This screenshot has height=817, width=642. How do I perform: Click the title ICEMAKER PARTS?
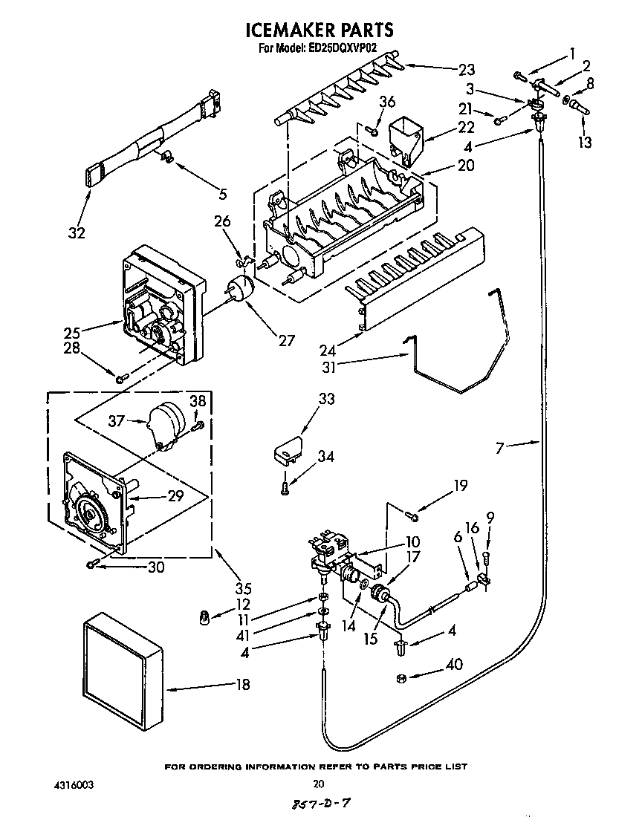click(319, 30)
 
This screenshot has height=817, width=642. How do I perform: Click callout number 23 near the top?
click(466, 71)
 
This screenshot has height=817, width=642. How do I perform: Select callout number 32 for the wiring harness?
click(76, 232)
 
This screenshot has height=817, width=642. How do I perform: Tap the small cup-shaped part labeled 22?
click(403, 139)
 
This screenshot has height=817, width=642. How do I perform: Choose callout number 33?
click(326, 399)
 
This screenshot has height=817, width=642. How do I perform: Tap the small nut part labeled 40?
click(399, 677)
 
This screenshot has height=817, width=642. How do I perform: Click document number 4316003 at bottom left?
click(74, 784)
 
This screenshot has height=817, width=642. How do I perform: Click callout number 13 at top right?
click(585, 142)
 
